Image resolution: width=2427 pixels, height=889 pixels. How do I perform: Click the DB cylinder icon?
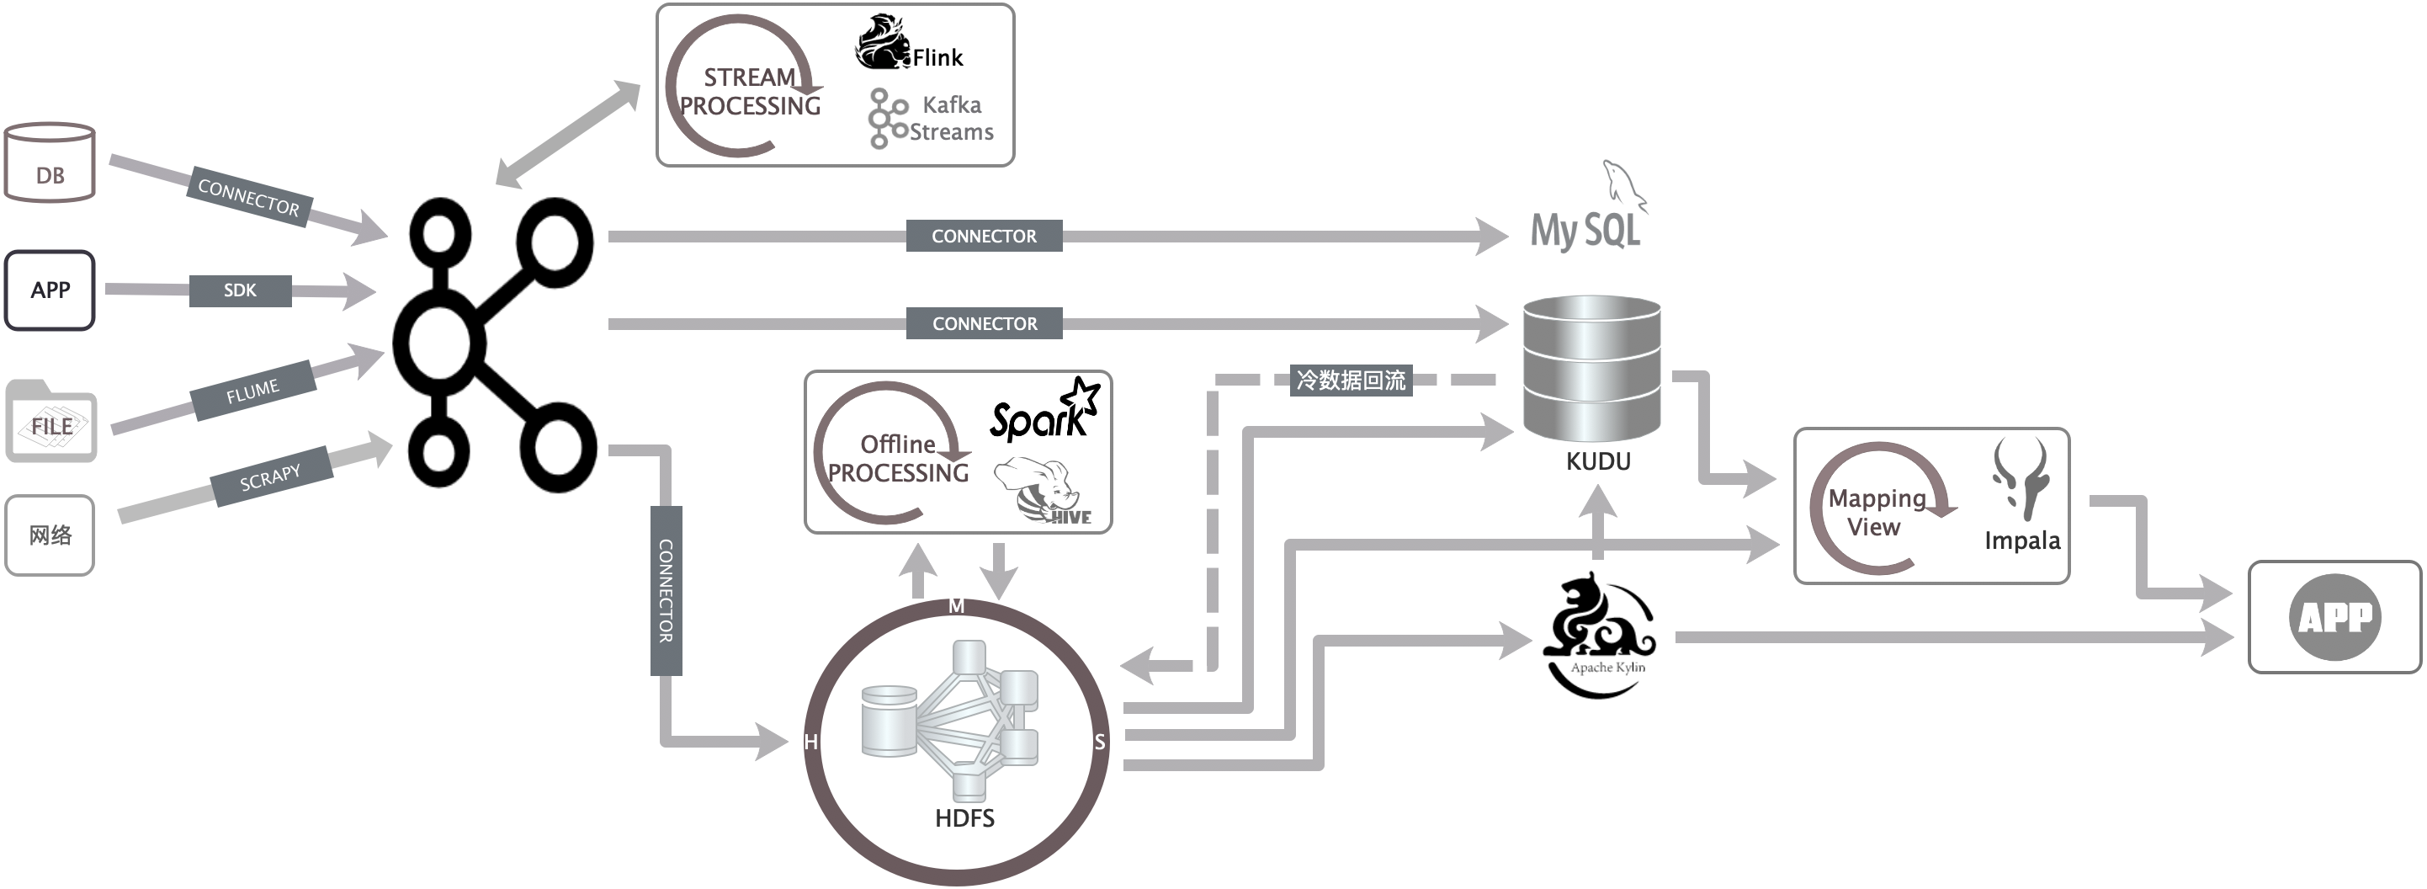(x=50, y=162)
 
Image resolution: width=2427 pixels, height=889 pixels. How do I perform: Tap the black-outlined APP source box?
(x=50, y=290)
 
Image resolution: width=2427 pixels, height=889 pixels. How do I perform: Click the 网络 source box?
(x=50, y=535)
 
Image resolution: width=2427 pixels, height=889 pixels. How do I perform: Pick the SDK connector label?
(x=240, y=290)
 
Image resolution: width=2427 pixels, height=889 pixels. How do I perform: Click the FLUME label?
(x=252, y=391)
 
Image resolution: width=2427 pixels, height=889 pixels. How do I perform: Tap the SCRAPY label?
(x=270, y=477)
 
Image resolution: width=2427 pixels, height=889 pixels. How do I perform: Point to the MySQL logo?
(x=1589, y=210)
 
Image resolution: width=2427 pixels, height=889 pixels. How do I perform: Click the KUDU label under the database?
(x=1598, y=461)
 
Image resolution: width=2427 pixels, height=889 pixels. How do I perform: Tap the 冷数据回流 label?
(x=1351, y=380)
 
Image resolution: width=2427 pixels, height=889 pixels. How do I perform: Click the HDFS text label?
(x=964, y=817)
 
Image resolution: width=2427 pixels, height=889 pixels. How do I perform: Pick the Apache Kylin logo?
(x=1600, y=635)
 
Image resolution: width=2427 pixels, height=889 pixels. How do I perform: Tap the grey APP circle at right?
(x=2334, y=617)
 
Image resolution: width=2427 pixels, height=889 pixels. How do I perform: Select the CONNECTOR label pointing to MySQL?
(x=985, y=236)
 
